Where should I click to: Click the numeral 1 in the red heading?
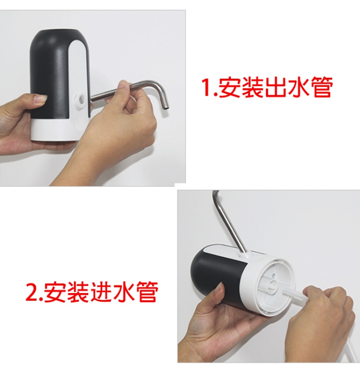206,87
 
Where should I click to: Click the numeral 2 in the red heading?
31,292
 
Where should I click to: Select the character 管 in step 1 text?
322,87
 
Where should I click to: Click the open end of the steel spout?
166,108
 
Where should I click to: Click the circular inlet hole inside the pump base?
272,285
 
